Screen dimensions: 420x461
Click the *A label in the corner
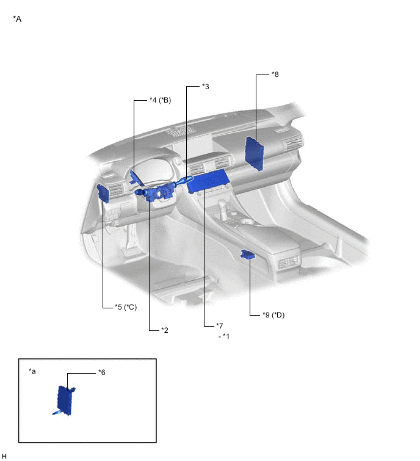pos(17,19)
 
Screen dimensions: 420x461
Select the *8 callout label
pos(275,74)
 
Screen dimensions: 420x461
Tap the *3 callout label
pos(206,87)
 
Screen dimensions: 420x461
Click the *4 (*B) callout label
pos(160,100)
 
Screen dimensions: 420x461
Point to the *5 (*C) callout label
pos(126,307)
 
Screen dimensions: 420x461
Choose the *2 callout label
pos(165,330)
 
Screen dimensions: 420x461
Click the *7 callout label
pos(220,326)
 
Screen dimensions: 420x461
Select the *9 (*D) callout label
pos(273,315)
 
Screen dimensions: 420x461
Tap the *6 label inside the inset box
pos(102,372)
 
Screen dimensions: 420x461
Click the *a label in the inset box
pos(32,371)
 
